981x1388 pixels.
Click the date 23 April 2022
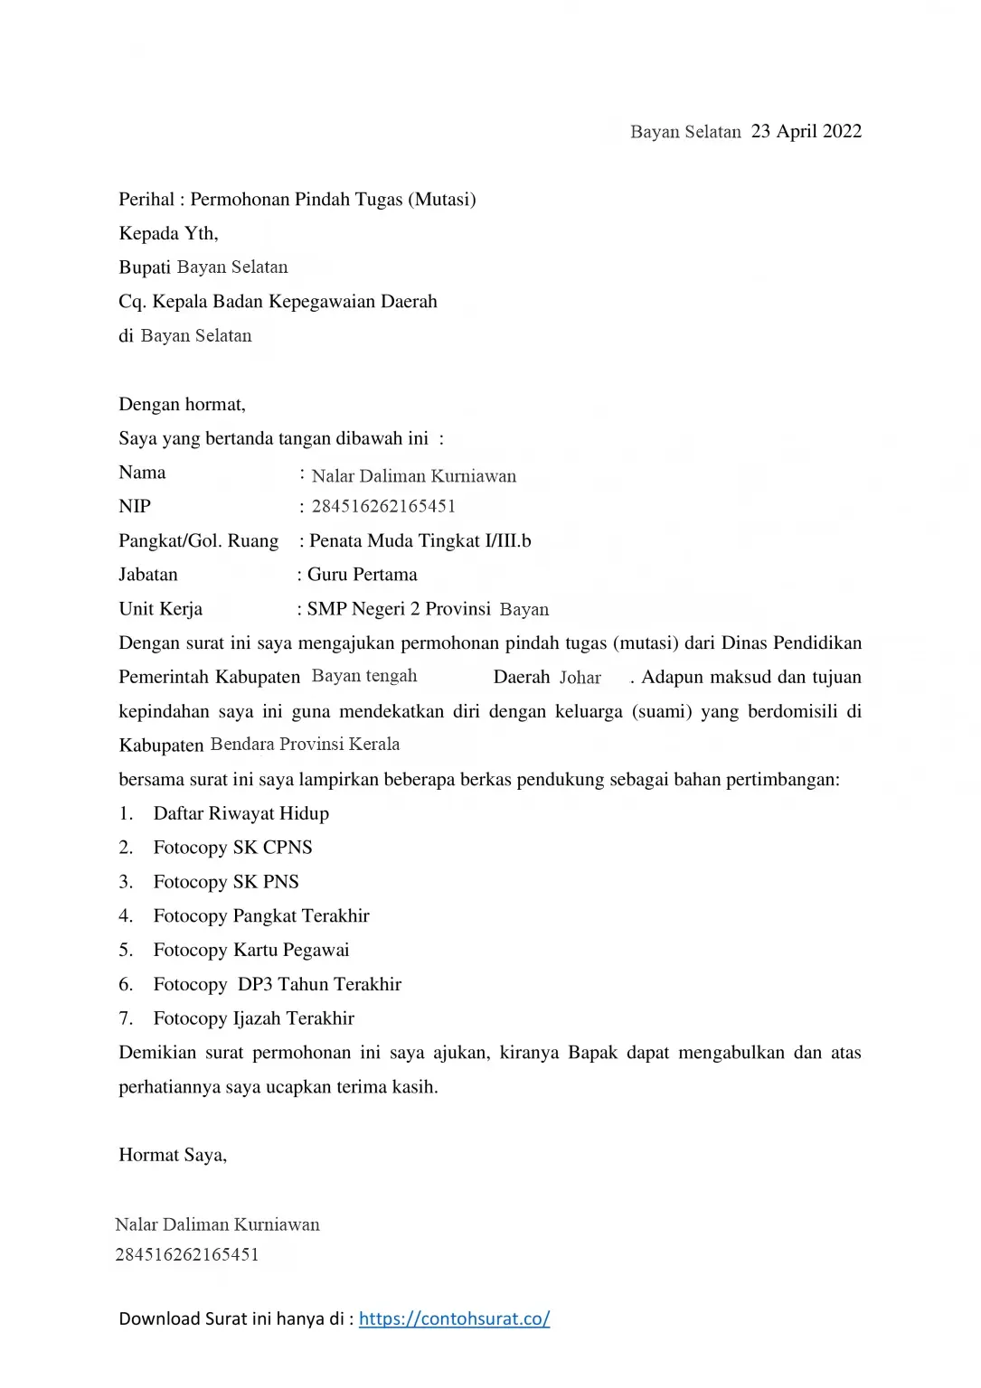tap(806, 131)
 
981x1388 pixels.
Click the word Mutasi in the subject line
tap(443, 199)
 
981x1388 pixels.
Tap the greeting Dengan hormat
tap(182, 404)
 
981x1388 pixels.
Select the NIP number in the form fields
tap(383, 506)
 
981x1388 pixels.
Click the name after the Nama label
tap(413, 476)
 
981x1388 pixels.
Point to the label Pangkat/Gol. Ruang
tap(198, 540)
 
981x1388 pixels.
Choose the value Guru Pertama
tap(362, 575)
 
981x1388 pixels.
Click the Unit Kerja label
tap(160, 609)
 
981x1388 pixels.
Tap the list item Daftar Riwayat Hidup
tap(241, 813)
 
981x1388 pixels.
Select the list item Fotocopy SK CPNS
tap(232, 848)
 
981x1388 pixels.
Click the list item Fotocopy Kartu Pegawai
tap(250, 950)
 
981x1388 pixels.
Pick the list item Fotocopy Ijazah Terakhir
tap(253, 1018)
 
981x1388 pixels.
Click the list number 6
tap(126, 984)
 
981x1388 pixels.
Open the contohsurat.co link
tap(454, 1318)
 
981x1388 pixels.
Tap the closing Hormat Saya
tap(172, 1155)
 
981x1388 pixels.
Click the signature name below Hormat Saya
tap(217, 1224)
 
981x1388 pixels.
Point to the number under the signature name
tap(187, 1254)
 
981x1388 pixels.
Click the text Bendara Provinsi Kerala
tap(305, 745)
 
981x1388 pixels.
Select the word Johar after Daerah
tap(580, 678)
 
